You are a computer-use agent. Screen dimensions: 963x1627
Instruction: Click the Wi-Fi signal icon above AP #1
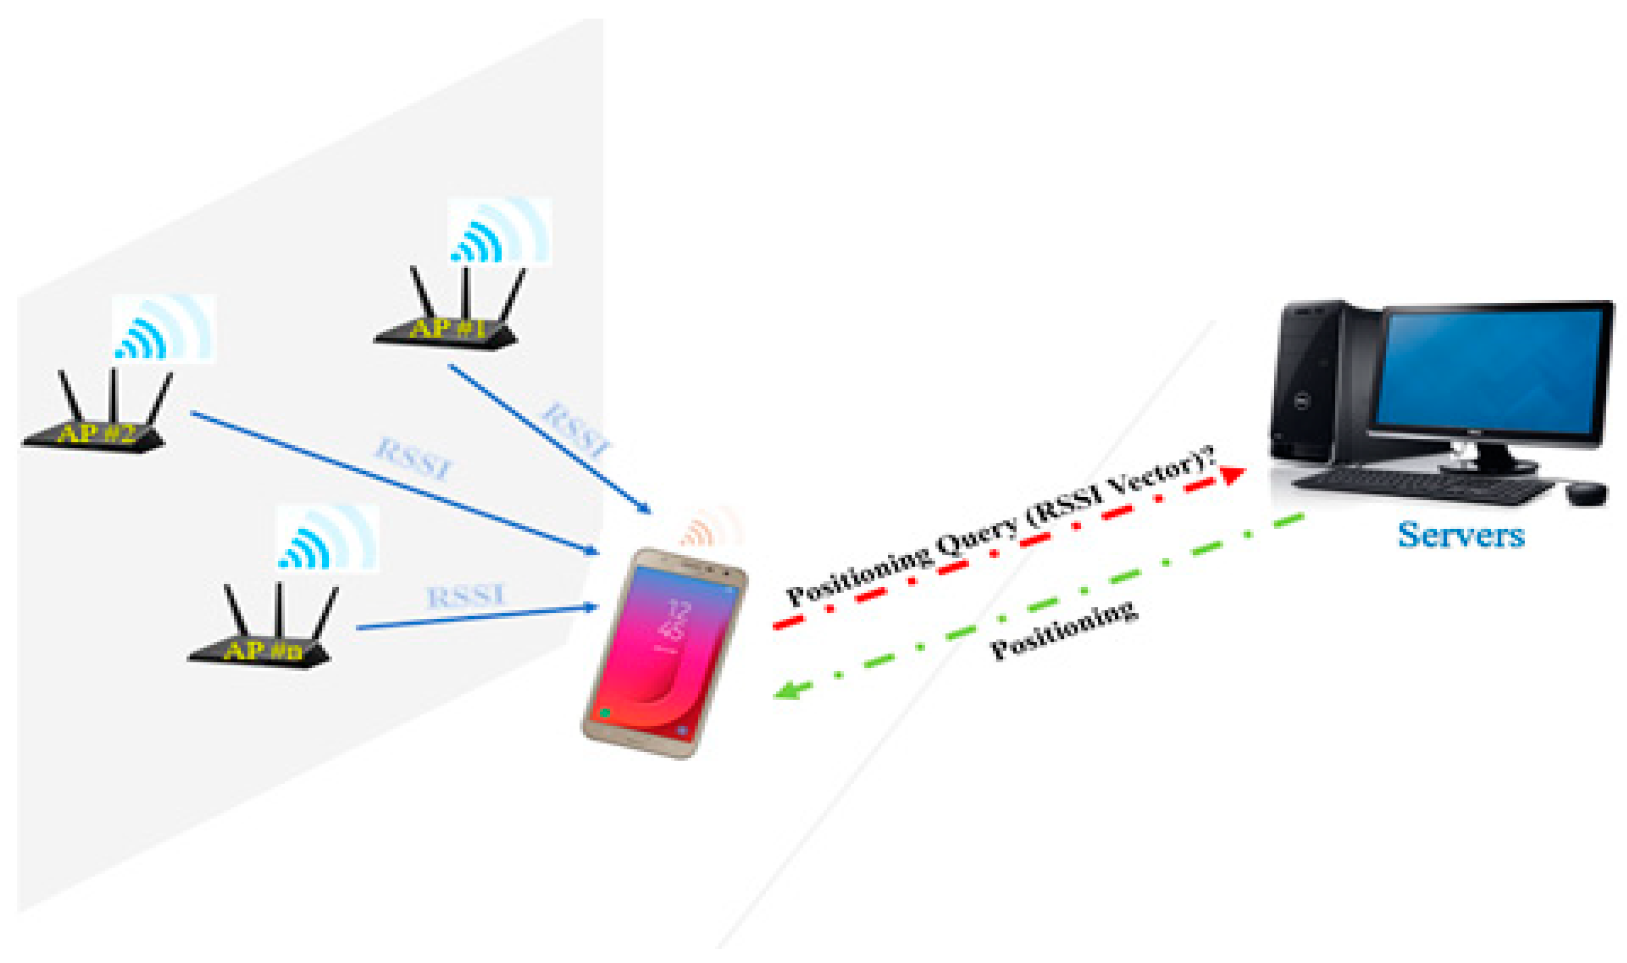[x=499, y=232]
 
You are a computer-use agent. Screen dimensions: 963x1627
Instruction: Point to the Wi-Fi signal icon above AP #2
[x=163, y=328]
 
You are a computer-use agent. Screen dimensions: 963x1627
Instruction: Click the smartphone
[x=663, y=652]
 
